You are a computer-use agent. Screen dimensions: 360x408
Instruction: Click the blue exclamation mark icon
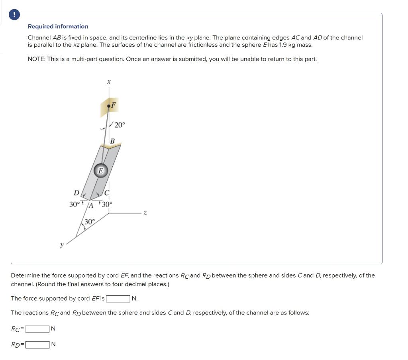pyautogui.click(x=15, y=15)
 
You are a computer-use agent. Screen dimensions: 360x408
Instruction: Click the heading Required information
pyautogui.click(x=58, y=26)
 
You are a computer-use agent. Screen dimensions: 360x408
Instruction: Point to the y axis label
pyautogui.click(x=61, y=245)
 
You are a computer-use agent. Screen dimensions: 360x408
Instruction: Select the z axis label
pyautogui.click(x=145, y=214)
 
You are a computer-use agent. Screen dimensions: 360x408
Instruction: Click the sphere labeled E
pyautogui.click(x=101, y=171)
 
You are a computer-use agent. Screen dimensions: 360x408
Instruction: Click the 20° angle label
pyautogui.click(x=120, y=125)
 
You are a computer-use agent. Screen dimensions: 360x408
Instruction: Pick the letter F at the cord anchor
pyautogui.click(x=114, y=105)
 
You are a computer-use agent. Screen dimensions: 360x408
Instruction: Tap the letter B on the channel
pyautogui.click(x=112, y=141)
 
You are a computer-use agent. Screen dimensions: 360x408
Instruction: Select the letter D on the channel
pyautogui.click(x=76, y=193)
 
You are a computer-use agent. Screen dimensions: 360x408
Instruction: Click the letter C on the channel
pyautogui.click(x=107, y=194)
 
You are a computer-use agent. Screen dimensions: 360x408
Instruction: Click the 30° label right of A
pyautogui.click(x=107, y=205)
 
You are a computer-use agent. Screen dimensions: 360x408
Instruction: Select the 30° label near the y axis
pyautogui.click(x=89, y=222)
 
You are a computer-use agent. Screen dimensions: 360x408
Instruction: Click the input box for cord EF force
pyautogui.click(x=118, y=299)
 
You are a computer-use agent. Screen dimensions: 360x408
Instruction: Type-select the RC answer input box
pyautogui.click(x=37, y=329)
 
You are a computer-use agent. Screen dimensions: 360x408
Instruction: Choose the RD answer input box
pyautogui.click(x=37, y=344)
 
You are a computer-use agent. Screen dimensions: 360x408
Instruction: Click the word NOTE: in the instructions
pyautogui.click(x=36, y=59)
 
